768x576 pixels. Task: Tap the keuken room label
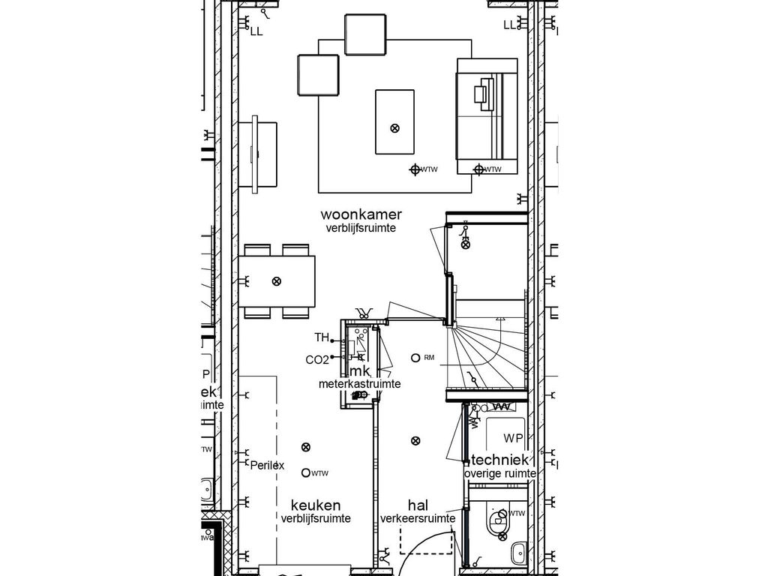pyautogui.click(x=316, y=505)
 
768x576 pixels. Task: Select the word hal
pyautogui.click(x=418, y=505)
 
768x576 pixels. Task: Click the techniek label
pyautogui.click(x=501, y=460)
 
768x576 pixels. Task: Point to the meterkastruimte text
pyautogui.click(x=358, y=384)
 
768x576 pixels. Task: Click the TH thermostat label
pyautogui.click(x=322, y=337)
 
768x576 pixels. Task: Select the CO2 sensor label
pyautogui.click(x=316, y=360)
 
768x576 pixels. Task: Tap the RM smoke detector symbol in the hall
pyautogui.click(x=415, y=358)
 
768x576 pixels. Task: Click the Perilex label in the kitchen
pyautogui.click(x=268, y=465)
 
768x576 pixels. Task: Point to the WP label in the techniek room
pyautogui.click(x=514, y=438)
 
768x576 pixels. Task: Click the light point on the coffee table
pyautogui.click(x=395, y=128)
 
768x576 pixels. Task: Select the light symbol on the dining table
pyautogui.click(x=277, y=281)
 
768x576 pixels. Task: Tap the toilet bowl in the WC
pyautogui.click(x=496, y=523)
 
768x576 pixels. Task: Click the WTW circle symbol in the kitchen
pyautogui.click(x=305, y=472)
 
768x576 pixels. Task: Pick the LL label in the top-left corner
pyautogui.click(x=256, y=31)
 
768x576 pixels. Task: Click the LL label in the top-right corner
pyautogui.click(x=510, y=25)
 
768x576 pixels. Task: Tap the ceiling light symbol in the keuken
pyautogui.click(x=305, y=447)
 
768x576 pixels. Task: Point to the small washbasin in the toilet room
pyautogui.click(x=517, y=555)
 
